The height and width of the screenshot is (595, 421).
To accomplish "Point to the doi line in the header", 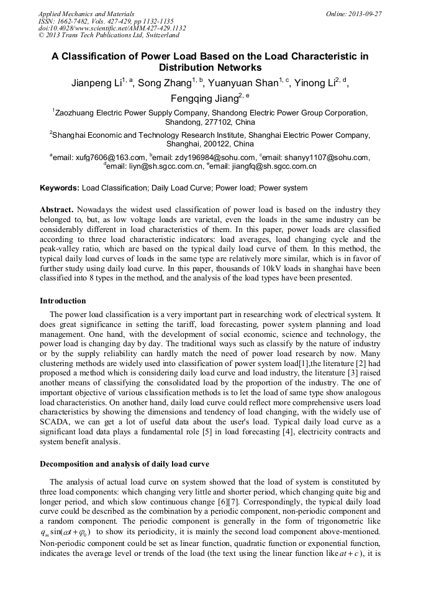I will tap(111, 28).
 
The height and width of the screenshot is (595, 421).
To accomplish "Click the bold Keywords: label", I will tap(60, 187).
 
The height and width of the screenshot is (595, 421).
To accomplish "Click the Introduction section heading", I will tap(63, 301).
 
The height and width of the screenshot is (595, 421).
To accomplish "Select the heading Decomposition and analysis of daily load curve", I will tap(124, 464).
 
